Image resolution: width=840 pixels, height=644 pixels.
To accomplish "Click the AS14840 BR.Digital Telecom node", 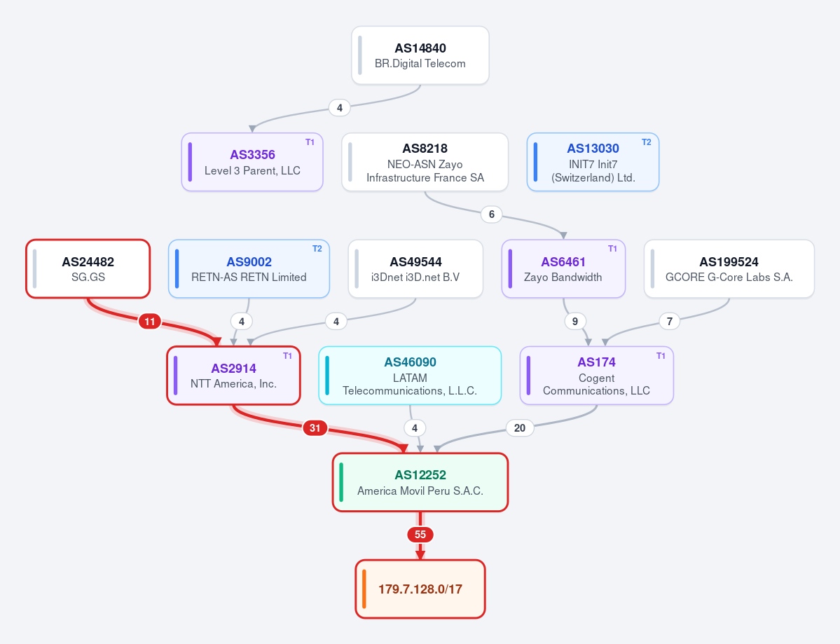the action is click(420, 55).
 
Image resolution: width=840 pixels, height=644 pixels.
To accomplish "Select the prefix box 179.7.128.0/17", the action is click(420, 589).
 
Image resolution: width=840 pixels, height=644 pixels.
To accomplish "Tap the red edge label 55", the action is click(420, 535).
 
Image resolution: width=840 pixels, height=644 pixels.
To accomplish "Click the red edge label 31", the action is click(315, 428).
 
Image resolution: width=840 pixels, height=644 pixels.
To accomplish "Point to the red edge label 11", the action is click(149, 322).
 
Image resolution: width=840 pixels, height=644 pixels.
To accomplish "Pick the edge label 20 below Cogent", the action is click(520, 428).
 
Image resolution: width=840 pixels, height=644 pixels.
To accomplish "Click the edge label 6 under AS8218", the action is click(491, 214).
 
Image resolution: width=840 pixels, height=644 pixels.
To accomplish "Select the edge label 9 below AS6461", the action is click(574, 322).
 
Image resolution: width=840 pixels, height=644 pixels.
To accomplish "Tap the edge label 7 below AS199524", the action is click(669, 322).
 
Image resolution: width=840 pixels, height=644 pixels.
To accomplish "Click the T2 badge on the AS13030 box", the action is click(647, 142).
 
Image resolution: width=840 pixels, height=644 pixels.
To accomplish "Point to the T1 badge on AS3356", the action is click(310, 142).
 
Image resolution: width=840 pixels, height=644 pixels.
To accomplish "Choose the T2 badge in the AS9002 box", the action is click(317, 249).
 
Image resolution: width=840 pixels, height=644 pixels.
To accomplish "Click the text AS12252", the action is click(420, 475).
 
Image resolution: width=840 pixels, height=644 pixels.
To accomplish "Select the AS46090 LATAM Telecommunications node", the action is click(410, 376).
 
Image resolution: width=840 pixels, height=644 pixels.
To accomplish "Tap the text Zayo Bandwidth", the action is click(563, 277).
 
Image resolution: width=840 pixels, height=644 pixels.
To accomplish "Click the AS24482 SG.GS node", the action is click(88, 268).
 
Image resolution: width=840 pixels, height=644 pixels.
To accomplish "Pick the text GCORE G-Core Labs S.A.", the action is click(729, 277).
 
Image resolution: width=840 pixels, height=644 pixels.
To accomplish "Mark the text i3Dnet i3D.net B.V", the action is click(415, 277).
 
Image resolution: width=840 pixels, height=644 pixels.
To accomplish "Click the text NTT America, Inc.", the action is click(233, 383).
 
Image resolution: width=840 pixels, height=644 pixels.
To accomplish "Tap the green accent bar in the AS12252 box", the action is click(341, 482).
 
